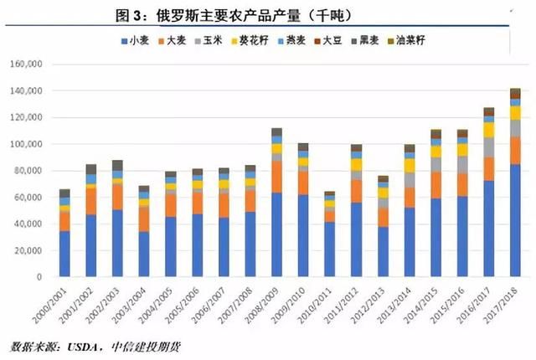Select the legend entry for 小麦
(x=137, y=40)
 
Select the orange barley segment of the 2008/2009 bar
(x=276, y=177)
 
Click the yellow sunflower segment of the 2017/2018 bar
(x=515, y=112)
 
